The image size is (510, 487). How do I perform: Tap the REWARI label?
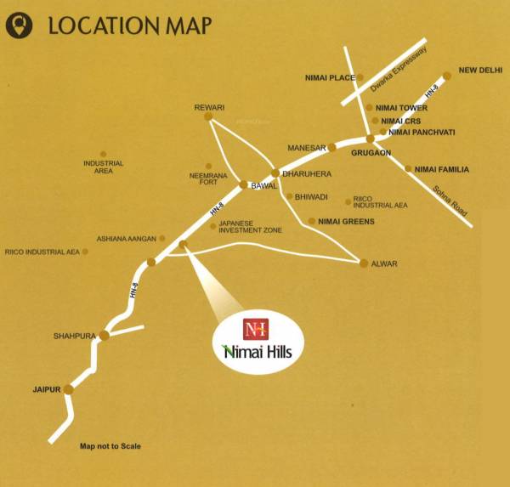point(209,107)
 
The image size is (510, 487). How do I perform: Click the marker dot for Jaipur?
point(69,388)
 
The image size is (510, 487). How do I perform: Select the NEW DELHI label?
point(481,71)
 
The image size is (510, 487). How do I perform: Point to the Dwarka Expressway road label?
point(398,69)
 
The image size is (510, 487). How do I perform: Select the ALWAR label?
point(384,264)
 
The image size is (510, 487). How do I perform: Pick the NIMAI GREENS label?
point(346,221)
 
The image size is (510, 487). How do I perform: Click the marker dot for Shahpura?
point(104,336)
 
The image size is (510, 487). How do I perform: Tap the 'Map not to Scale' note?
point(110,446)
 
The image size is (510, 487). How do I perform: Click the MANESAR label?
point(307,148)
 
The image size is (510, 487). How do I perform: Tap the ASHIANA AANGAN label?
point(128,239)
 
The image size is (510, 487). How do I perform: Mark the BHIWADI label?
point(313,196)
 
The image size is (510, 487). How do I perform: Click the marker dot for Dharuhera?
point(275,173)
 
